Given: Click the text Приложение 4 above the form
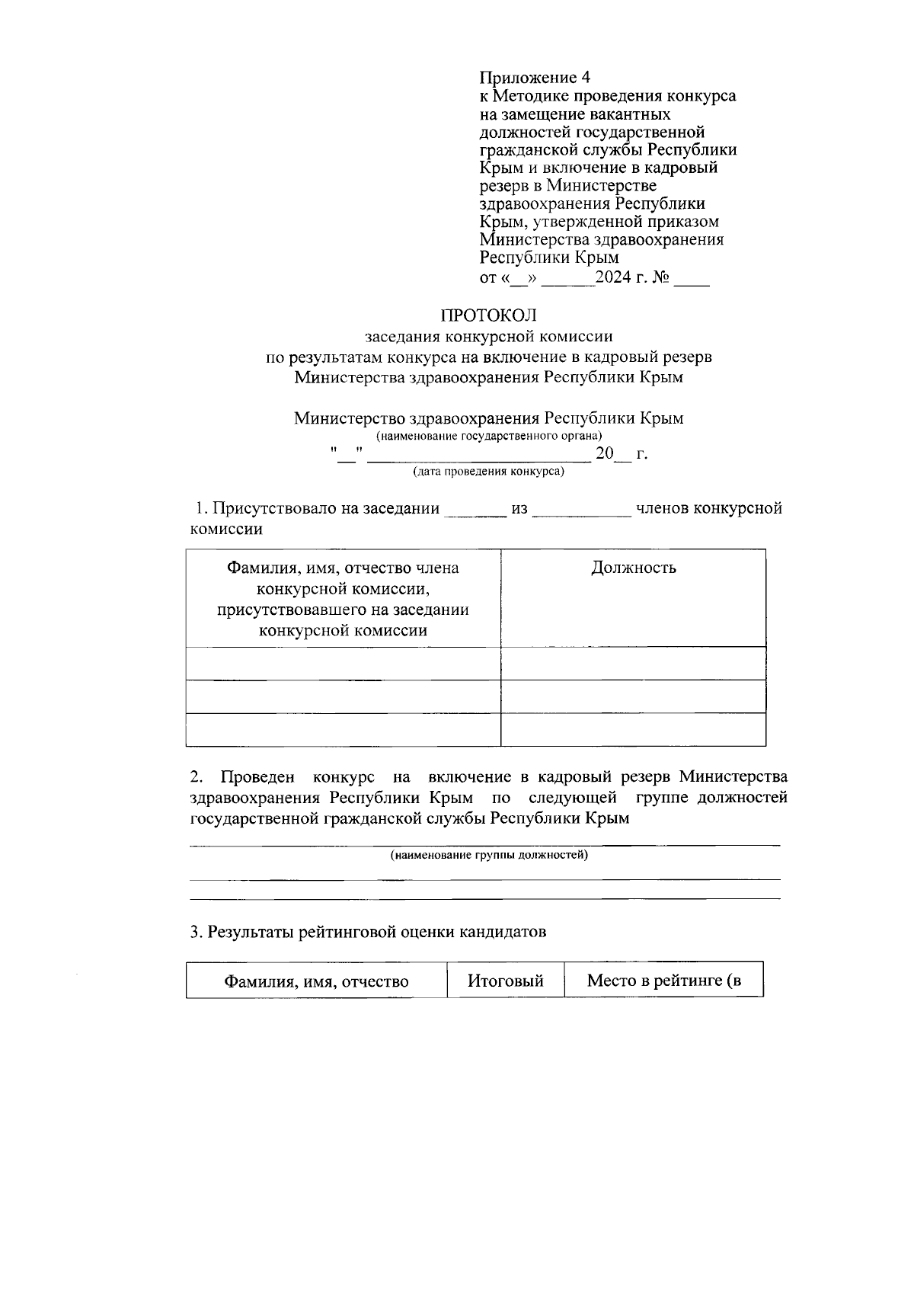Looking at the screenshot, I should (x=535, y=78).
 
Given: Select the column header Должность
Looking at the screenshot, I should (x=633, y=568).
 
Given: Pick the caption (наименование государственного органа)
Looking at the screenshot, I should (x=488, y=436).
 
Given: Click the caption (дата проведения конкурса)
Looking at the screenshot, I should (x=488, y=472).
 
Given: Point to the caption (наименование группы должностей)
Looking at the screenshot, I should (x=488, y=855).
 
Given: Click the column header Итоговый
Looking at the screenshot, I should (x=505, y=981).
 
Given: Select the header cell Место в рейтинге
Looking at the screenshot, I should (x=663, y=980).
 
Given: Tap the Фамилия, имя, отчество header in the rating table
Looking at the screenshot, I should (x=316, y=981).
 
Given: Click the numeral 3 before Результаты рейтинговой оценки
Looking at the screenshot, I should (x=194, y=932).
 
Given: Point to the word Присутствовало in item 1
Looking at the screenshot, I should (x=270, y=508).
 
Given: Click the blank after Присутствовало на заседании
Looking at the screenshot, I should (x=475, y=512).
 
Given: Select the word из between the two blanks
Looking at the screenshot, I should (x=519, y=508).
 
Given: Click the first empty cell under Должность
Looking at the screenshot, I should (x=633, y=663).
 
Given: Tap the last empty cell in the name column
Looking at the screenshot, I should (x=343, y=729).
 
